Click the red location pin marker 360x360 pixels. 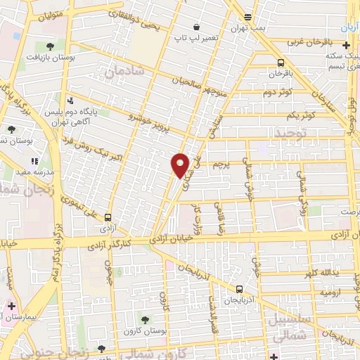(x=181, y=165)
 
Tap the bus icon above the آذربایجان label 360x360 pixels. (x=240, y=288)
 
